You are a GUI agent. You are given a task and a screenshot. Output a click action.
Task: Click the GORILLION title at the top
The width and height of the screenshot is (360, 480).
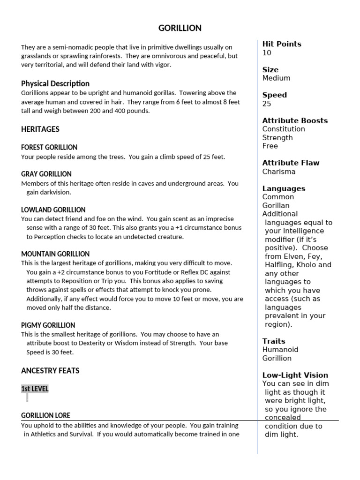click(180, 28)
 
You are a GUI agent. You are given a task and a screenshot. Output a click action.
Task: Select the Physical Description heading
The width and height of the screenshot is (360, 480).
click(55, 83)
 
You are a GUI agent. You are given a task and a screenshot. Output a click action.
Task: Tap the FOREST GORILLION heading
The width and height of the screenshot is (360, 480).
click(49, 147)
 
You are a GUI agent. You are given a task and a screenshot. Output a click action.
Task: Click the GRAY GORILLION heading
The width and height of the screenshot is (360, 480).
click(46, 174)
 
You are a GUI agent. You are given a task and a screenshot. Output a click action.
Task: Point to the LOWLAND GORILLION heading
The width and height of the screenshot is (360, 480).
click(53, 210)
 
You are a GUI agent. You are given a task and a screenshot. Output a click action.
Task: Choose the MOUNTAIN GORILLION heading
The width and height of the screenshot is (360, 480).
click(55, 254)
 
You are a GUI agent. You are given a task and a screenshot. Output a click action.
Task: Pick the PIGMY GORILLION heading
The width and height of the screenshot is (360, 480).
click(48, 325)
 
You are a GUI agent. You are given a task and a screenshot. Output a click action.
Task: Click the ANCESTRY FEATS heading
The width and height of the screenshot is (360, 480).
click(50, 370)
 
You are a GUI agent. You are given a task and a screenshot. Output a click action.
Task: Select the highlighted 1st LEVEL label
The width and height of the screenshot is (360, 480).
click(35, 389)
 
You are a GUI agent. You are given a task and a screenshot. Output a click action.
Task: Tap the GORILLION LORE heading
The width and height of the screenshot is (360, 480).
click(46, 415)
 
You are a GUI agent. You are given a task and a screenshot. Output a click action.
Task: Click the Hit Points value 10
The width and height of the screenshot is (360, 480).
click(267, 53)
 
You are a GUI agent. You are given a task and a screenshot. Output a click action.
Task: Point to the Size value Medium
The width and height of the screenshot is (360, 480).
click(276, 78)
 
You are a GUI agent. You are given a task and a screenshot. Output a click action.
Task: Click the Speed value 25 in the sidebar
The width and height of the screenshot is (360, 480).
click(267, 104)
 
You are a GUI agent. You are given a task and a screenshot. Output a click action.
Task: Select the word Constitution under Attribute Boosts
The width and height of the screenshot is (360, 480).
click(284, 129)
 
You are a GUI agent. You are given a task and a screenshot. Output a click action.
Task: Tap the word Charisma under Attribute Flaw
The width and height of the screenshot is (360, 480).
click(279, 172)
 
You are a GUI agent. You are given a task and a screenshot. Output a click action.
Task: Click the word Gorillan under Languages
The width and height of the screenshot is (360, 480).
click(276, 205)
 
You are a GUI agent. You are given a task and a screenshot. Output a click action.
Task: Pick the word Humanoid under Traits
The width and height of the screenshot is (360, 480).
click(280, 349)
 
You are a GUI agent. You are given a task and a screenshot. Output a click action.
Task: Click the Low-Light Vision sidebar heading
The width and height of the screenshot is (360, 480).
click(295, 375)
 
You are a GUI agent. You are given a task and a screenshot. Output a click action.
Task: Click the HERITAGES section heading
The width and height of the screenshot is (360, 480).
click(40, 129)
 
